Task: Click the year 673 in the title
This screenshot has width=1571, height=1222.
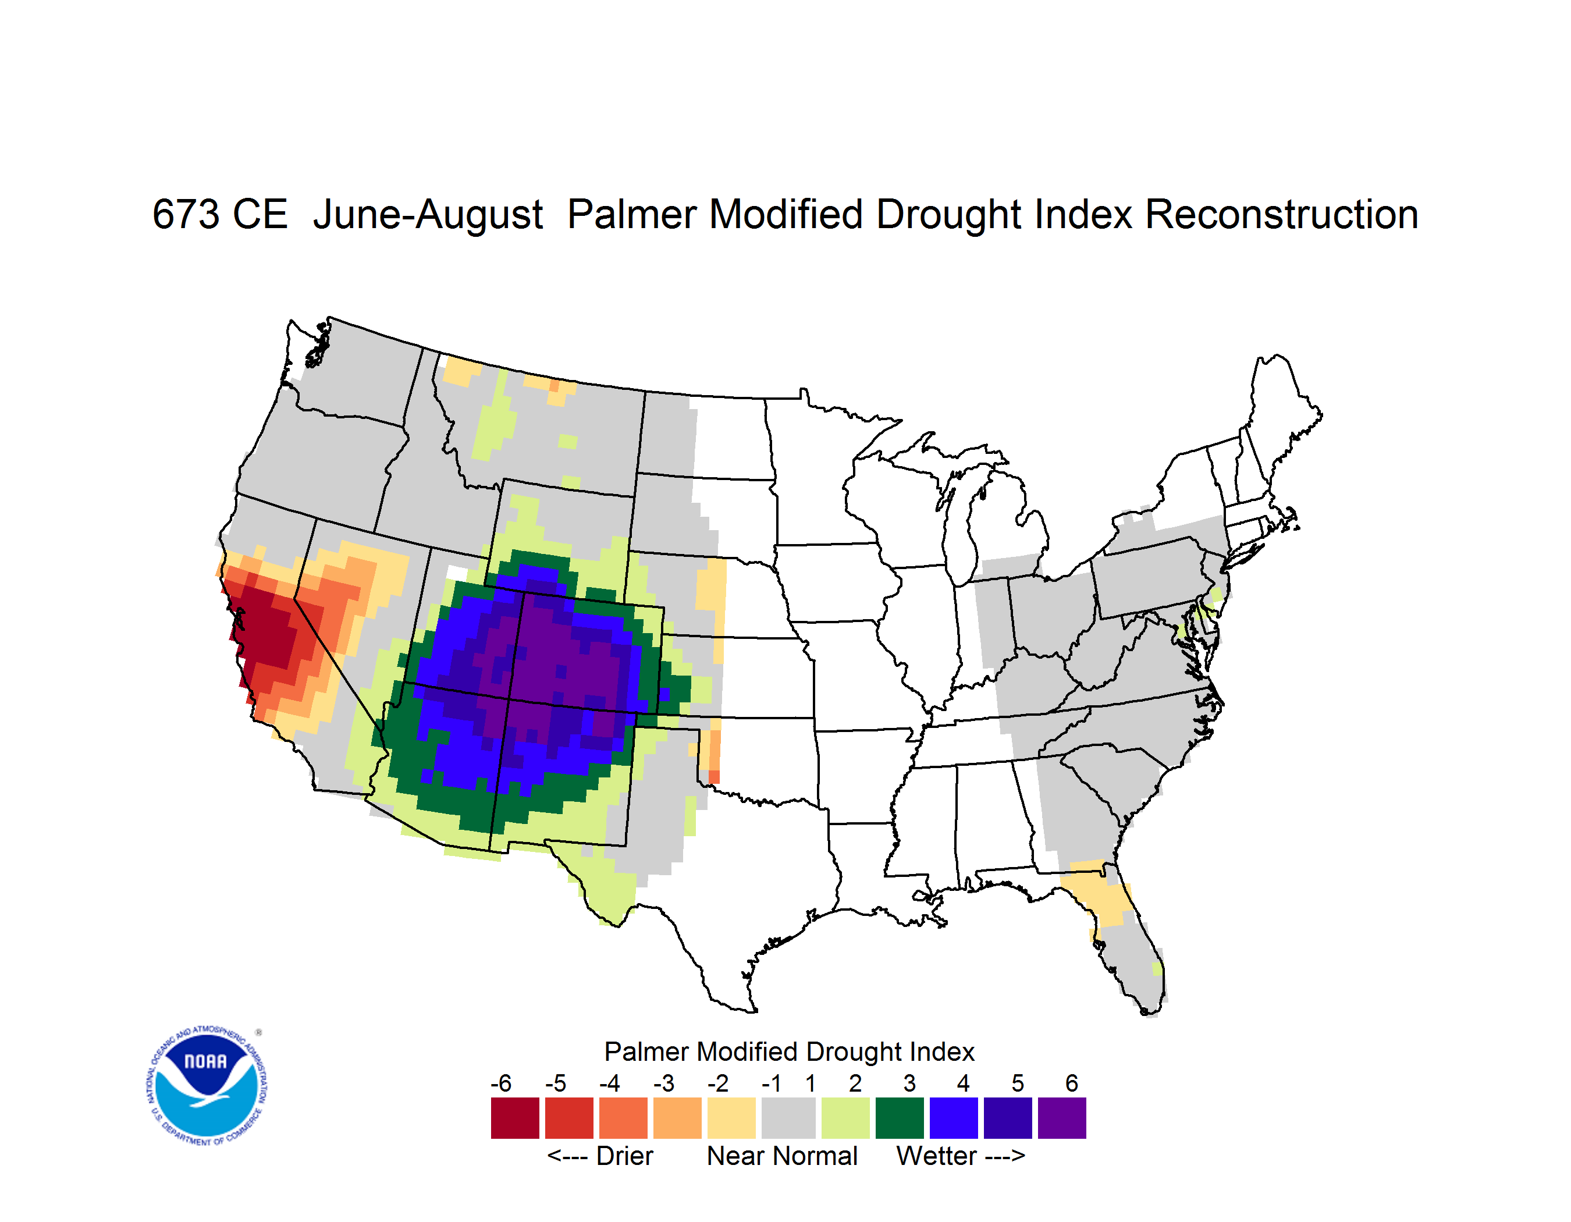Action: (186, 214)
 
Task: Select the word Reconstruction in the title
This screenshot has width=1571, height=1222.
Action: (1281, 214)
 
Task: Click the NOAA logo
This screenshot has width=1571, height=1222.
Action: (207, 1085)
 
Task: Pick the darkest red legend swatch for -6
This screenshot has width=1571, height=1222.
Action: (515, 1118)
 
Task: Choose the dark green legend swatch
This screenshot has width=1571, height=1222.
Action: (899, 1118)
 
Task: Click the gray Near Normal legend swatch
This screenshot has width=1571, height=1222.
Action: (788, 1118)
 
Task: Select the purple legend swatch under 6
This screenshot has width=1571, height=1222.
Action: (1062, 1118)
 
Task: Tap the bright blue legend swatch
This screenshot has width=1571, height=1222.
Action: (954, 1118)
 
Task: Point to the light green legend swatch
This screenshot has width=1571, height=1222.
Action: (845, 1118)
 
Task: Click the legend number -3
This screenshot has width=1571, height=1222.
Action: (663, 1083)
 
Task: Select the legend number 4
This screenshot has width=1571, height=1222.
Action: (963, 1083)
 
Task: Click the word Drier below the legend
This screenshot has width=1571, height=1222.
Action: (624, 1156)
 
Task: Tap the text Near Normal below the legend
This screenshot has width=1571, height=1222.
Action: (782, 1156)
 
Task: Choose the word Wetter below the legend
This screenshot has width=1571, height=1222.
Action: (937, 1156)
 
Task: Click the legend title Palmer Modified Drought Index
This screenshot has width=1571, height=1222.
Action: (789, 1052)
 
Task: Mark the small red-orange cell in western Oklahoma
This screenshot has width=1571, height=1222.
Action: (713, 777)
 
